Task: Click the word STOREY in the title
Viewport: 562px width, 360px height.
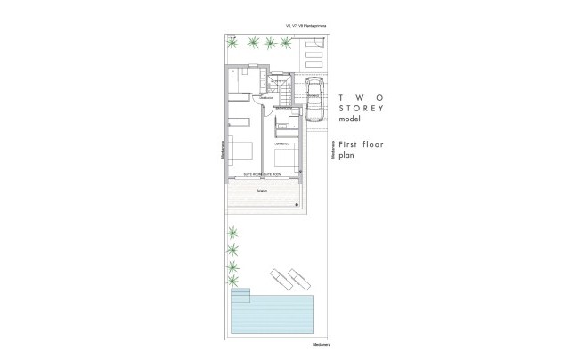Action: pos(360,108)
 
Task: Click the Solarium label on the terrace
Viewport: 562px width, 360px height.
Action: pos(262,190)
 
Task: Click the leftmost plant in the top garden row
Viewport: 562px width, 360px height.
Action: pos(233,43)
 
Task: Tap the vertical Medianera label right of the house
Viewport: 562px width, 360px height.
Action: pos(332,149)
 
